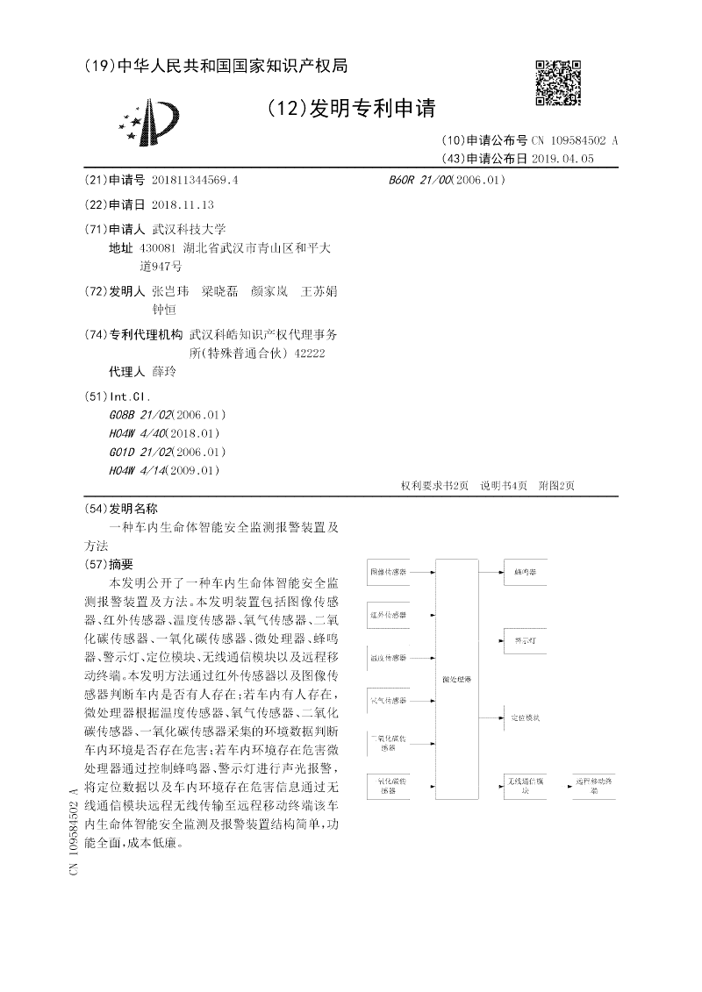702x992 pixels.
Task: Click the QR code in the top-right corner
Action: pos(558,82)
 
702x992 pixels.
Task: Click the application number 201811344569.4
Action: pos(195,180)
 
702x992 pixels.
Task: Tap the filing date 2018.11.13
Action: pos(183,204)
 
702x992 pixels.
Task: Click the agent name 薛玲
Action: pos(164,371)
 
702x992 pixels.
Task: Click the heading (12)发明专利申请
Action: pos(351,109)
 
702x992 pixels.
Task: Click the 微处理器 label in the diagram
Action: pos(456,679)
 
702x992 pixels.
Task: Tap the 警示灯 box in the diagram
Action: pos(526,640)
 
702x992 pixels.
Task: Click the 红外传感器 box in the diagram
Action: pos(388,614)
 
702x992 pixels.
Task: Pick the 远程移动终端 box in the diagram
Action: pos(594,783)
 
